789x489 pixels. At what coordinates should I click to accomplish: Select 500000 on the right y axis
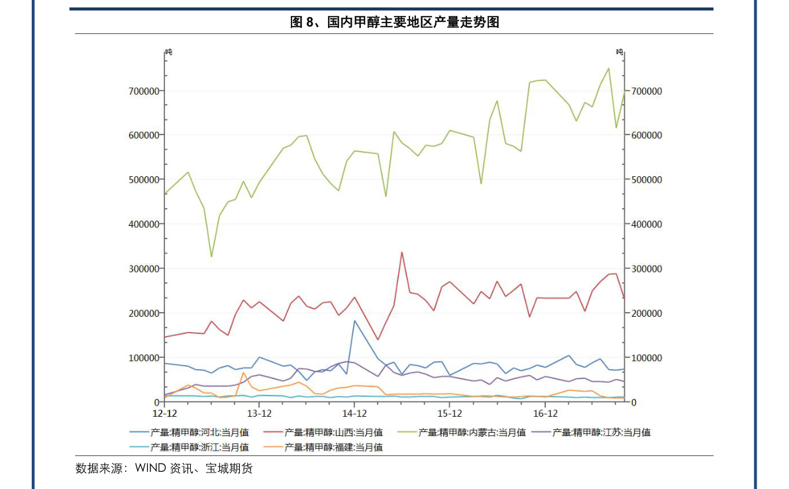645,180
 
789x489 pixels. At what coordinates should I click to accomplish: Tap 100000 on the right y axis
645,358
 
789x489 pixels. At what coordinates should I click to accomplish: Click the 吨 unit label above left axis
168,52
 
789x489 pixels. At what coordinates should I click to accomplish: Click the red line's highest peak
401,252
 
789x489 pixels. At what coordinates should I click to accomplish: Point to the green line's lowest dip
212,256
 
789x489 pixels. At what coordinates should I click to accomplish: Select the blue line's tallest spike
354,321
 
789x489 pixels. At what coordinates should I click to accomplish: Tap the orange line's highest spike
244,372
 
